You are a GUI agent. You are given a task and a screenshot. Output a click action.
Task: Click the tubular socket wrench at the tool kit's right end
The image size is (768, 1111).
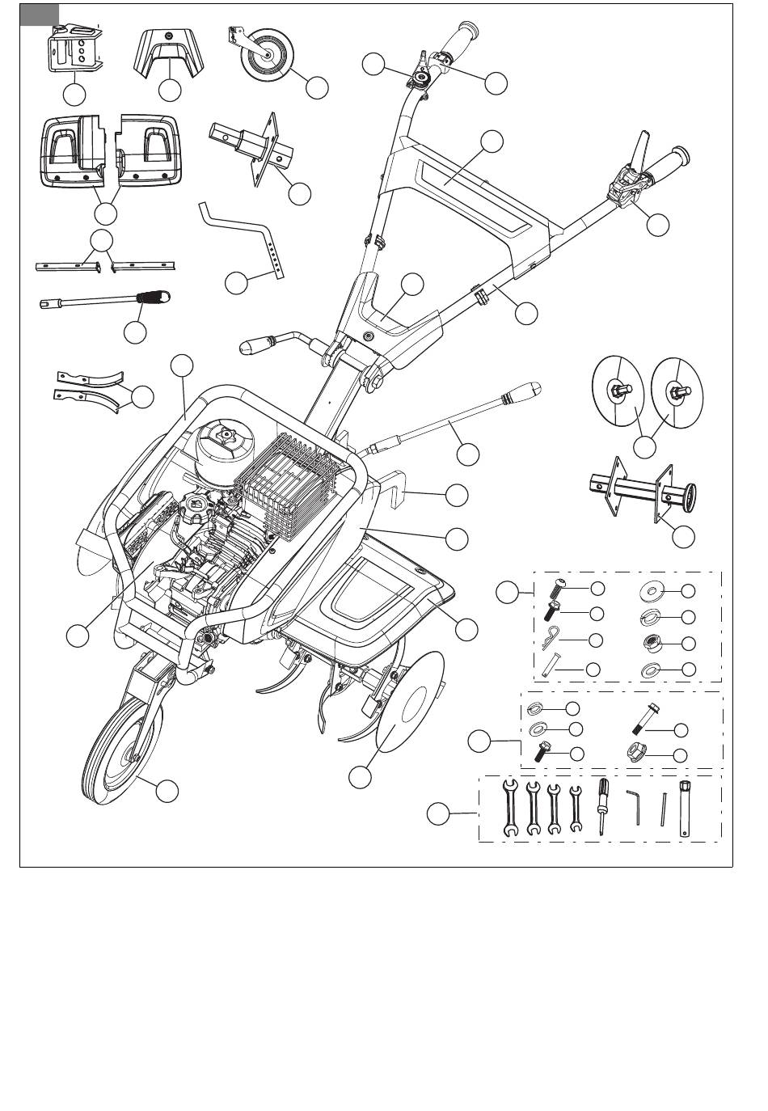[686, 805]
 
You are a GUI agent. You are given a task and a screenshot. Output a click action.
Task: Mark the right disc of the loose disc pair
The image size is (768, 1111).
[675, 392]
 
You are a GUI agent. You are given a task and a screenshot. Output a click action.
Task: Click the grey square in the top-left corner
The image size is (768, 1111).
[40, 15]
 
